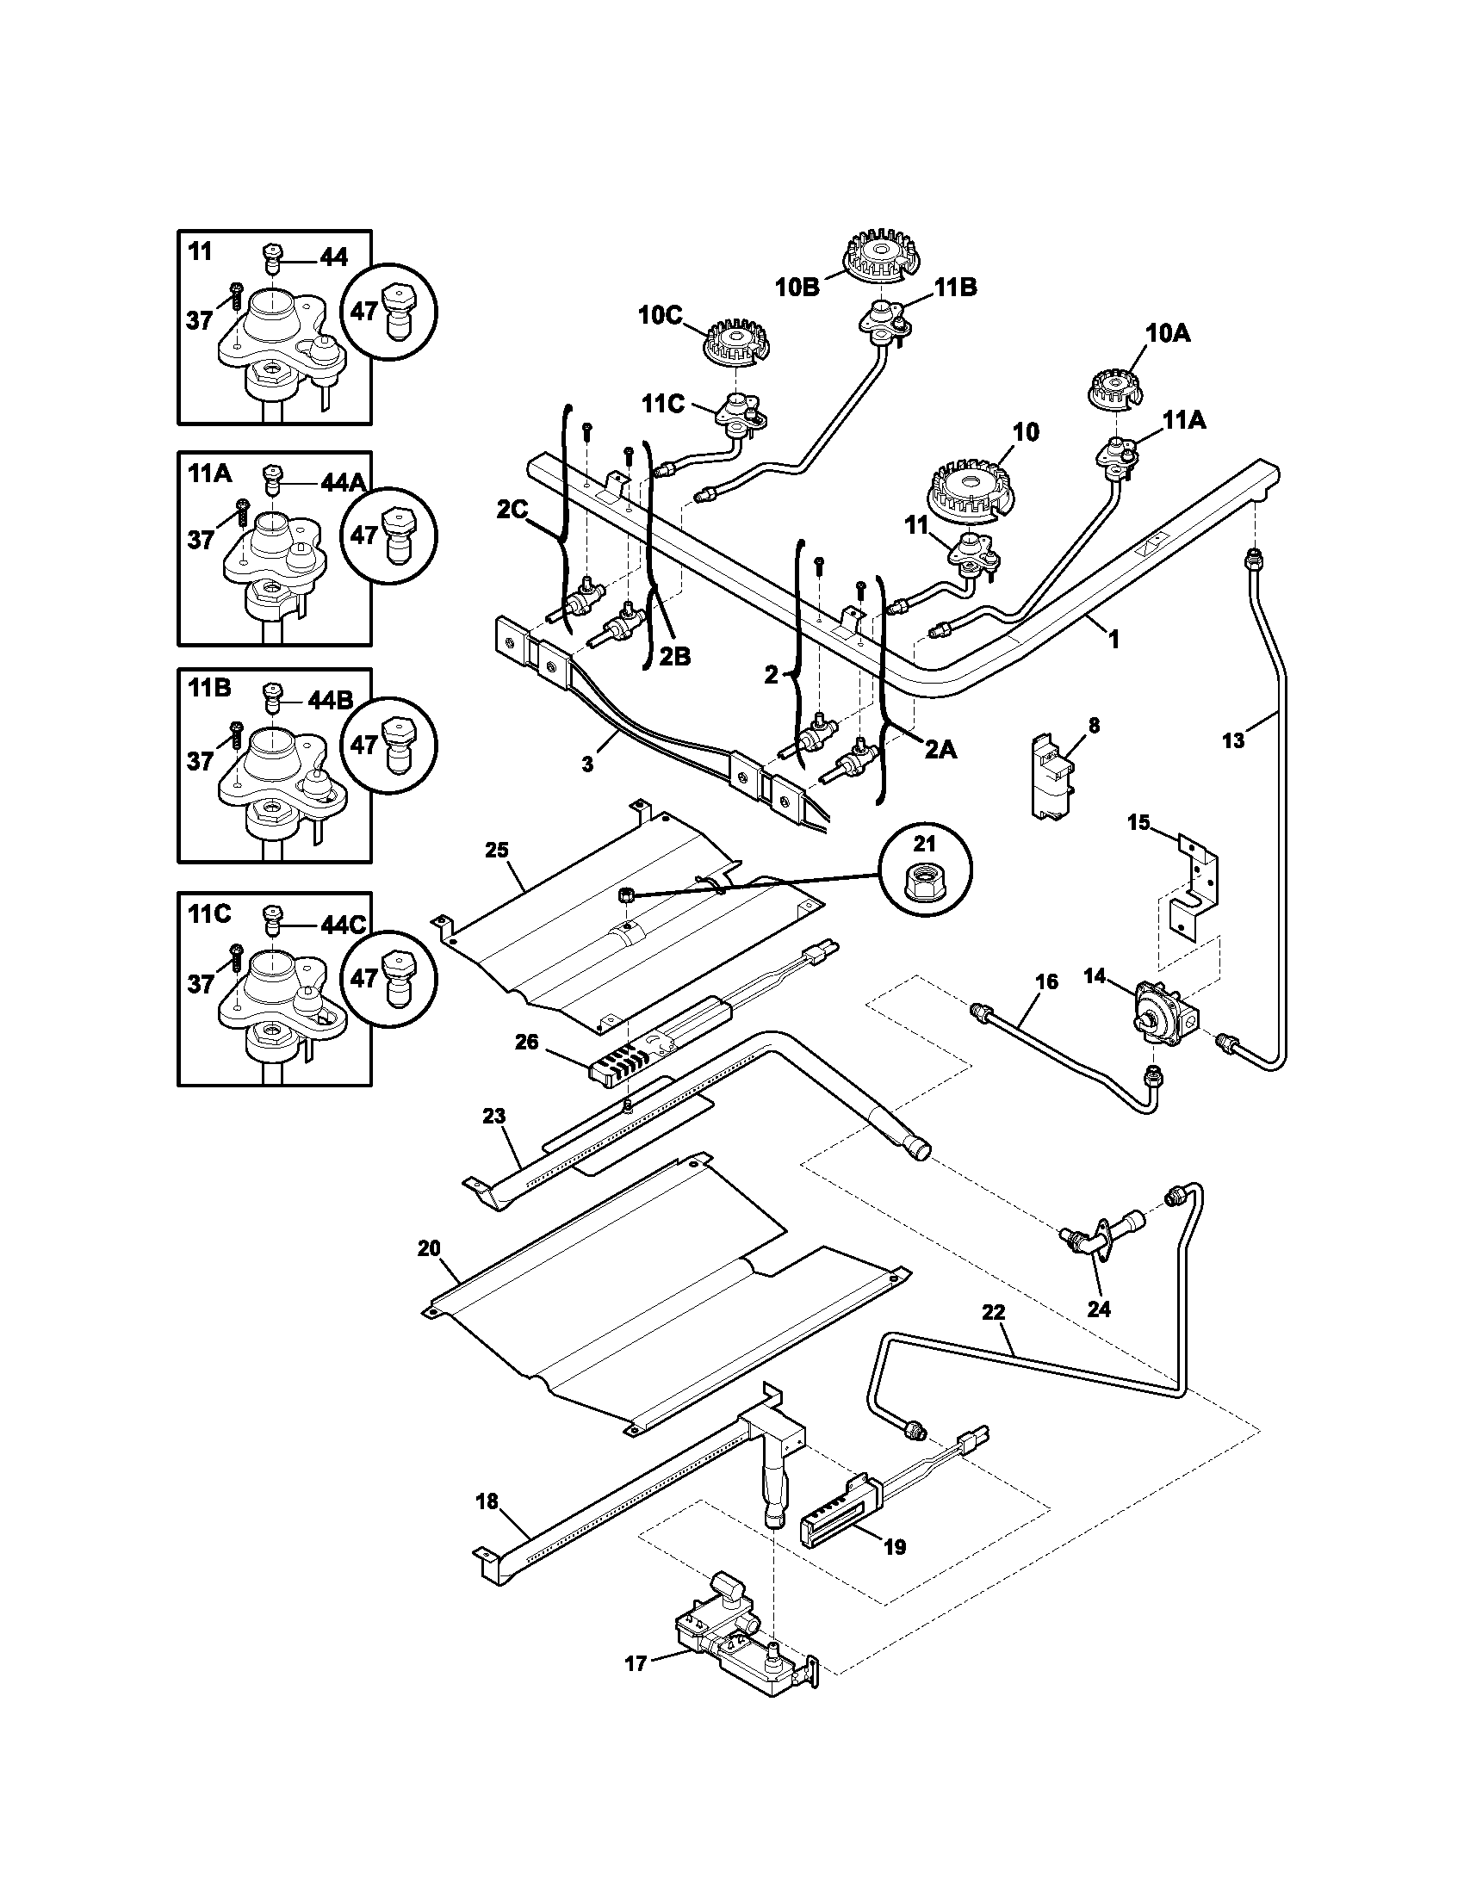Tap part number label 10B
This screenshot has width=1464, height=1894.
point(797,287)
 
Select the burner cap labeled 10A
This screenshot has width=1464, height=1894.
point(1114,387)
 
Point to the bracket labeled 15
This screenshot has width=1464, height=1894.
point(1195,889)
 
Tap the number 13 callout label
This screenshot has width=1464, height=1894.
point(1232,740)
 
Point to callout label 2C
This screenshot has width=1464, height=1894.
point(512,510)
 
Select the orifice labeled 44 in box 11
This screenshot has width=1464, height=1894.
point(270,257)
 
